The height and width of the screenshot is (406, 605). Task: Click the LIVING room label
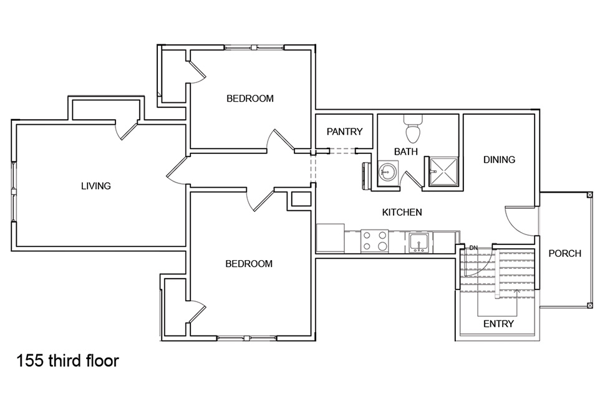95,186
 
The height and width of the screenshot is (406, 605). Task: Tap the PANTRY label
344,132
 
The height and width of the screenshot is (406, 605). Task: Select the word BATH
405,152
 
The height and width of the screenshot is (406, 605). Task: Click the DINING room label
499,160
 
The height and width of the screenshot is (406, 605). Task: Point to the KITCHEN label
402,213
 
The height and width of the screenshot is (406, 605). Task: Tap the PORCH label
564,254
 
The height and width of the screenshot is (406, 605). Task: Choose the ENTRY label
498,324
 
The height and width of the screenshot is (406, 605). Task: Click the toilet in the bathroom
412,129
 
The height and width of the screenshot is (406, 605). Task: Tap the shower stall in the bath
443,171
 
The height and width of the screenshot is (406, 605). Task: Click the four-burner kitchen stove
374,241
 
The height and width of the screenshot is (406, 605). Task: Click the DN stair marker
473,248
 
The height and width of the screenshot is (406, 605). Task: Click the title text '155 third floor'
67,361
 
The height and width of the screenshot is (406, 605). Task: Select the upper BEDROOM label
249,99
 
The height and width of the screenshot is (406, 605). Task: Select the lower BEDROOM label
248,264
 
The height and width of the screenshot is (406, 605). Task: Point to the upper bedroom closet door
196,73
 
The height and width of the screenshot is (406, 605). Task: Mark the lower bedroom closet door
196,311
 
